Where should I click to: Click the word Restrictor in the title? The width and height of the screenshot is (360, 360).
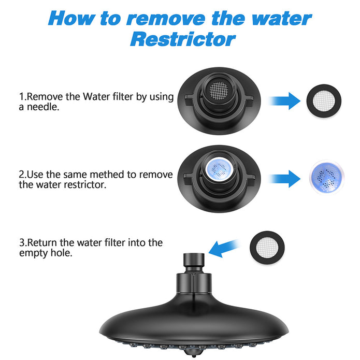click(x=183, y=39)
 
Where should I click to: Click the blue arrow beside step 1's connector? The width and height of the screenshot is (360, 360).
click(x=284, y=101)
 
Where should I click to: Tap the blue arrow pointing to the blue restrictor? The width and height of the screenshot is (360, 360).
click(x=284, y=179)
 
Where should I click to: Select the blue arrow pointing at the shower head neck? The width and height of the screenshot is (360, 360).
click(x=224, y=248)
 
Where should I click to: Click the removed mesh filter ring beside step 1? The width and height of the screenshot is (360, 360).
click(x=324, y=101)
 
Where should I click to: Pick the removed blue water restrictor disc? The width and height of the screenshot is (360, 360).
click(x=326, y=177)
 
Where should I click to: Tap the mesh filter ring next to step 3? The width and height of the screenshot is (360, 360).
click(x=267, y=248)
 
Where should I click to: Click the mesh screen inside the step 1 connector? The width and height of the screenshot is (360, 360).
click(x=219, y=91)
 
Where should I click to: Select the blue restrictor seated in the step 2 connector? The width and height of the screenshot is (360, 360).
click(x=219, y=169)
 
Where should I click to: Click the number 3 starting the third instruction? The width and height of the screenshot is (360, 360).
click(x=22, y=243)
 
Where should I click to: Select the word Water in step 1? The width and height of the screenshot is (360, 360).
click(x=96, y=97)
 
